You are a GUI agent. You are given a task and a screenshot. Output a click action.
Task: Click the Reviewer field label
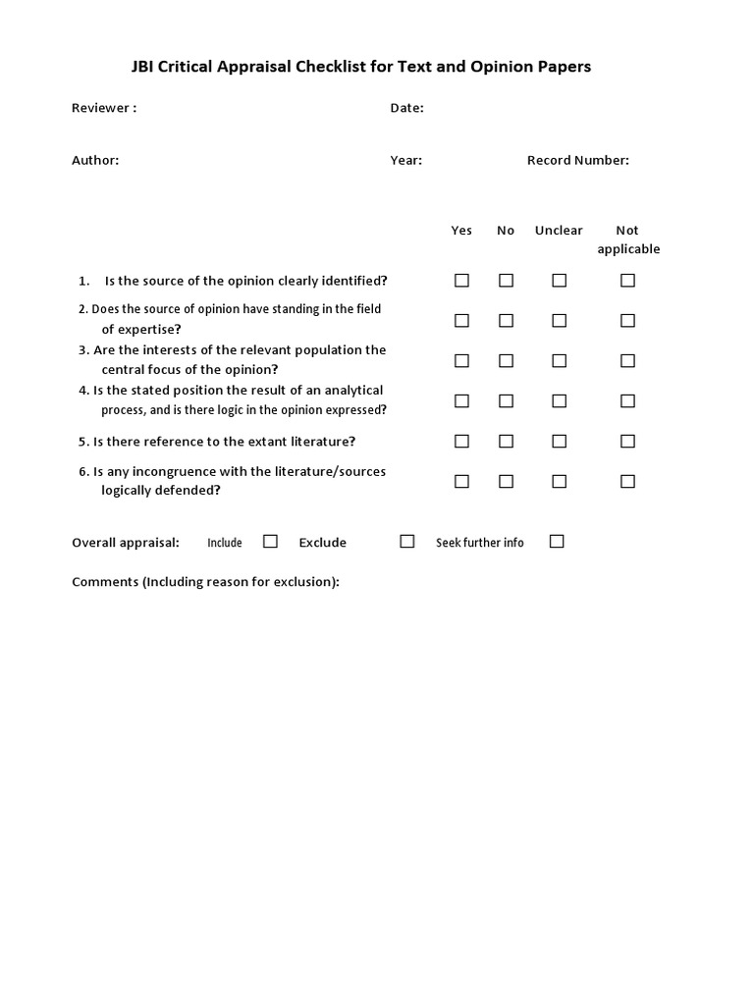pyautogui.click(x=103, y=108)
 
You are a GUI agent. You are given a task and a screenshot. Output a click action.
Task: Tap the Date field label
pyautogui.click(x=406, y=108)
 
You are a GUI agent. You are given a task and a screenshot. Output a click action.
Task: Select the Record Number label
pyautogui.click(x=577, y=160)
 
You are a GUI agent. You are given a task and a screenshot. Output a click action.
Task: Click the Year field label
pyautogui.click(x=405, y=160)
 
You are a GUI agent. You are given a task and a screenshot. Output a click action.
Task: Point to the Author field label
pyautogui.click(x=95, y=160)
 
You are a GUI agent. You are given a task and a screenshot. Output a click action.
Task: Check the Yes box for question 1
pyautogui.click(x=461, y=281)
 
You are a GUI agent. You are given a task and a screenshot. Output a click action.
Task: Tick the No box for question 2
pyautogui.click(x=506, y=321)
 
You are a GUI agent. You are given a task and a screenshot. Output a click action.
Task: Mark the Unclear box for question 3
pyautogui.click(x=559, y=361)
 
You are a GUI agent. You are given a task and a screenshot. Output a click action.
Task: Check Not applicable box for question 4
pyautogui.click(x=627, y=401)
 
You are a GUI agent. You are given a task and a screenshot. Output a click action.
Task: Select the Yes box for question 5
pyautogui.click(x=461, y=442)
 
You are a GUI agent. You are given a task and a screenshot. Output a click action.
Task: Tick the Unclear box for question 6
pyautogui.click(x=559, y=482)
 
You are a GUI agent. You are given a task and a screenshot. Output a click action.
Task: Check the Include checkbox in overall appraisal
pyautogui.click(x=271, y=541)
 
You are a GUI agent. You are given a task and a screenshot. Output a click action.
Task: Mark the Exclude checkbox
pyautogui.click(x=407, y=541)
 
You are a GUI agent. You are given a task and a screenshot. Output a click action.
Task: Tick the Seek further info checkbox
pyautogui.click(x=557, y=541)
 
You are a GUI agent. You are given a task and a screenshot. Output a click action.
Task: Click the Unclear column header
pyautogui.click(x=559, y=231)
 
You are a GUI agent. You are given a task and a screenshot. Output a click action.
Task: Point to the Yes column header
pyautogui.click(x=461, y=231)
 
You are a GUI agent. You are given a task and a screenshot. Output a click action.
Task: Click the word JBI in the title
pyautogui.click(x=144, y=67)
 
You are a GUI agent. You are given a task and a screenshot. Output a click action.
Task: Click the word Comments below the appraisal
pyautogui.click(x=105, y=582)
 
